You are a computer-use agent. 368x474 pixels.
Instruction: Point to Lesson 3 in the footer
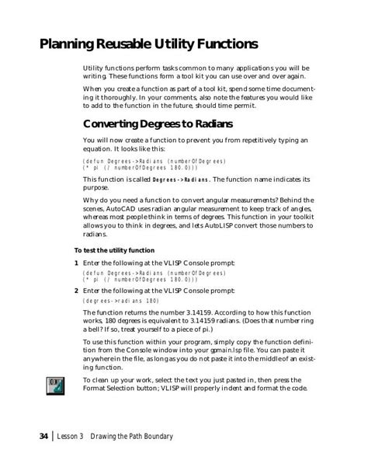(x=76, y=437)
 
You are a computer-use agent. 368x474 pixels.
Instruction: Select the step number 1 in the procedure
(x=75, y=264)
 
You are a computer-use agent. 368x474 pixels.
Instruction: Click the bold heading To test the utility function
(x=114, y=250)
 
